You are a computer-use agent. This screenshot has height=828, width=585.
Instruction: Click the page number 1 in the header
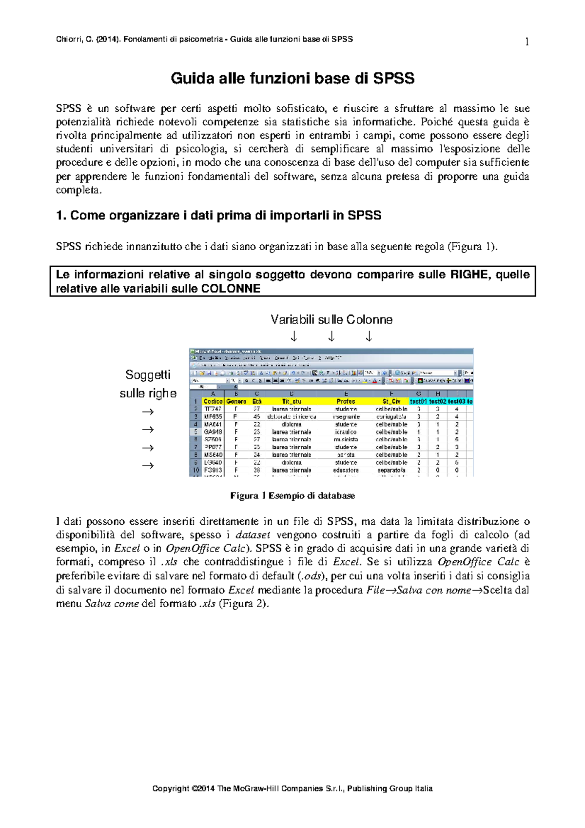526,42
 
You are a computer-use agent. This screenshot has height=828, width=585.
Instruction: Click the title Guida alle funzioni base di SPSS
292,79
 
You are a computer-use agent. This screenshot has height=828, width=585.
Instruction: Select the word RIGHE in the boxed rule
469,275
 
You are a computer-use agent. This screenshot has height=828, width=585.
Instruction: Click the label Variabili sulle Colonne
331,320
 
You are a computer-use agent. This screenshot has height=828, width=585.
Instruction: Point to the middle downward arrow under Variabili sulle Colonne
331,336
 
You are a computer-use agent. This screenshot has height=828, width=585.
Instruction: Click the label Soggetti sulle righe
148,384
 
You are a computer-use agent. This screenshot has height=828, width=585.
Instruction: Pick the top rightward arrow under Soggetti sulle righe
148,412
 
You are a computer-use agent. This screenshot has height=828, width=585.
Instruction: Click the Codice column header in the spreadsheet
213,401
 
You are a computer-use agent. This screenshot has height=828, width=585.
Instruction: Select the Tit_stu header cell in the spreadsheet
292,401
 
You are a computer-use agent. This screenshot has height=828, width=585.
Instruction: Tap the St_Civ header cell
391,401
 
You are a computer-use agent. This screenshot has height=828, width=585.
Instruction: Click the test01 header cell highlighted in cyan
418,401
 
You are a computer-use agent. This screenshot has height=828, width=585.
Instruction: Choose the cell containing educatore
346,470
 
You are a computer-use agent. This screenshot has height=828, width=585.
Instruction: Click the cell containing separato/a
391,470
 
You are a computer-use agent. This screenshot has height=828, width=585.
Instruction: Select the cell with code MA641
213,424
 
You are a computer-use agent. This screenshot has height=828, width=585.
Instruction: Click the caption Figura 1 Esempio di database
292,496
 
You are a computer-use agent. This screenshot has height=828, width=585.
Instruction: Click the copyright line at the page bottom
292,789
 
